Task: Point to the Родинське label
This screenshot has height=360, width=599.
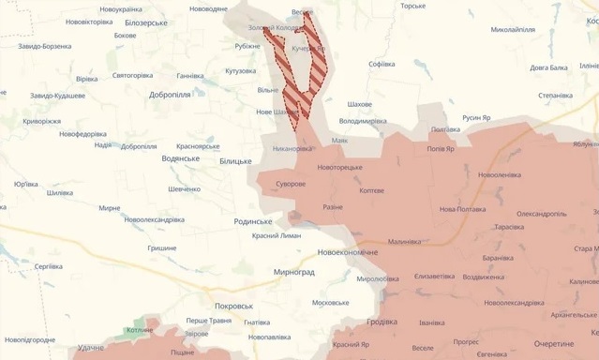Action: tap(252, 221)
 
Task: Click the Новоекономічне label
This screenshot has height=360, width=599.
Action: tap(348, 252)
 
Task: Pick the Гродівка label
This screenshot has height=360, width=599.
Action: tap(382, 322)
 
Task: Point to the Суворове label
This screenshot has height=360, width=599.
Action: tap(290, 184)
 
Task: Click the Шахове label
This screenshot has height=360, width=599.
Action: tap(359, 104)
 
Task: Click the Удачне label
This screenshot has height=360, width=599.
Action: tap(91, 348)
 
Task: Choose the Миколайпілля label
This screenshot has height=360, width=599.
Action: tap(513, 30)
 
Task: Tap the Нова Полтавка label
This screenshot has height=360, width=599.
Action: tap(464, 209)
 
